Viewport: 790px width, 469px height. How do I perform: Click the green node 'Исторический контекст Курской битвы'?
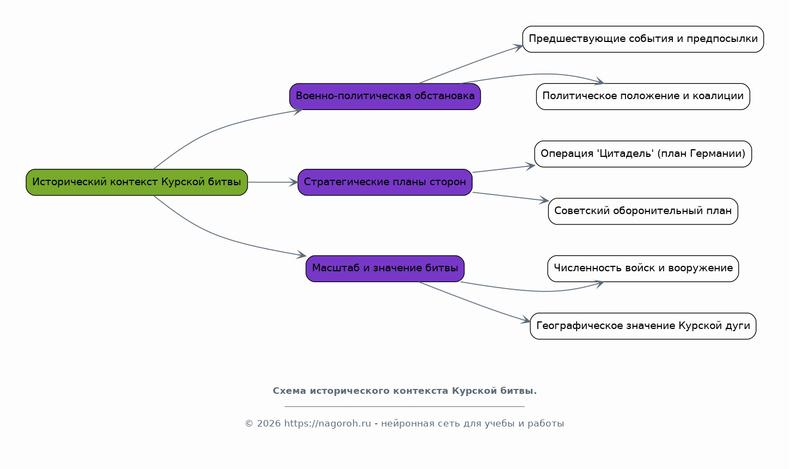pos(137,182)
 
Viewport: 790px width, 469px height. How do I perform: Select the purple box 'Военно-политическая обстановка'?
pos(385,96)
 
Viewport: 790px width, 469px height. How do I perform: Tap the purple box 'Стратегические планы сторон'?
pos(385,182)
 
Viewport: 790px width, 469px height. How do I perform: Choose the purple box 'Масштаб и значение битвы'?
pos(385,269)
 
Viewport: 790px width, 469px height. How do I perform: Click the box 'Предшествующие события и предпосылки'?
pos(643,39)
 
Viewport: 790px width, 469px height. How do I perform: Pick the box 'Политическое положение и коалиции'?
pos(643,96)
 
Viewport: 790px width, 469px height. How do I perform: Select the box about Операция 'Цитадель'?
pos(643,154)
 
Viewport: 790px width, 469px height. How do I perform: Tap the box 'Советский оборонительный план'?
pos(643,211)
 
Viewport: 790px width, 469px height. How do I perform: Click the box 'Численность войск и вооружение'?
pos(643,269)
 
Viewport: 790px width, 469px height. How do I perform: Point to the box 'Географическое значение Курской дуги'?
pos(643,326)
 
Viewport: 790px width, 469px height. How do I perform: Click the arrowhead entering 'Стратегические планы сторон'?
pos(293,182)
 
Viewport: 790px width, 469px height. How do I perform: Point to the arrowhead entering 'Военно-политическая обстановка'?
pos(297,112)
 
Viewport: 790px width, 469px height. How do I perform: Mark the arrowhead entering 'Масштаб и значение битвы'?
pos(301,254)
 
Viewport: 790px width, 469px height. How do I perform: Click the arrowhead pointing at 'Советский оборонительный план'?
pos(544,200)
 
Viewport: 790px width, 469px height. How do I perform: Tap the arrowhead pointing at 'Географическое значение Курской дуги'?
pos(525,320)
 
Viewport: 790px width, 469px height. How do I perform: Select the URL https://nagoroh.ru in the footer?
pos(328,423)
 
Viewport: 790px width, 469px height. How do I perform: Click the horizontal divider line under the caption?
pos(405,406)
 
